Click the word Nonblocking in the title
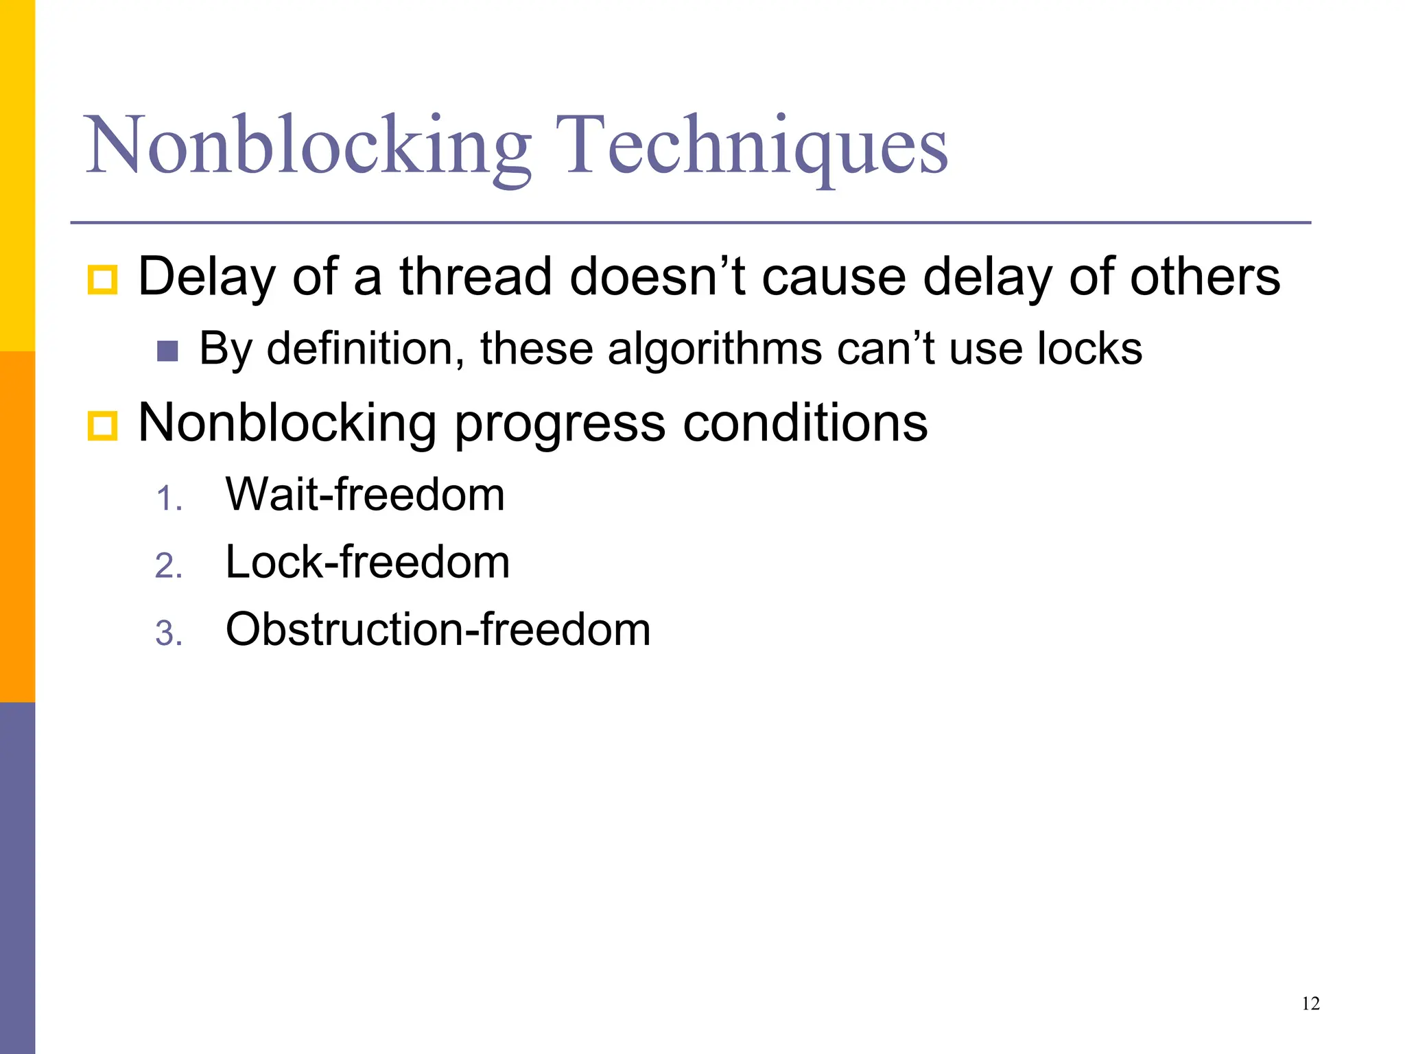tap(307, 145)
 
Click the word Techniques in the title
tap(751, 145)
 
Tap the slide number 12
tap(1310, 1004)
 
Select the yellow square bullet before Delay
tap(103, 279)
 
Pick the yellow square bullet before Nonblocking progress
tap(103, 425)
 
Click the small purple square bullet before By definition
tap(167, 351)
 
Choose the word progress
tap(560, 424)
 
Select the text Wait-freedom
tap(365, 494)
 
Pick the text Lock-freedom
tap(368, 562)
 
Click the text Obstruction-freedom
tap(438, 629)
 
